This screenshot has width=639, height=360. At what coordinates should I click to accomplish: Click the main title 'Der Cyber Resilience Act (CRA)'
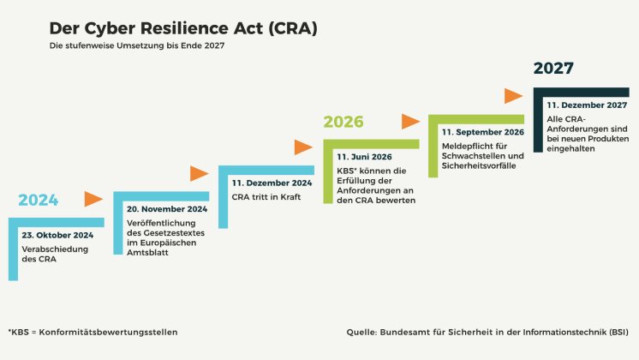click(x=183, y=28)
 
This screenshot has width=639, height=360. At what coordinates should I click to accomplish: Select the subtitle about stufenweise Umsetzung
click(x=137, y=45)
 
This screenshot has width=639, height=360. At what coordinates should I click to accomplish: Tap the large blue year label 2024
click(x=39, y=200)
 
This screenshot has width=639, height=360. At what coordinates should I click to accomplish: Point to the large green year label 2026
click(x=343, y=122)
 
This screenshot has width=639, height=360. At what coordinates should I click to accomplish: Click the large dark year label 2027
click(x=553, y=68)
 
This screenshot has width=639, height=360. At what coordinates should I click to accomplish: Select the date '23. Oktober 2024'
click(x=57, y=235)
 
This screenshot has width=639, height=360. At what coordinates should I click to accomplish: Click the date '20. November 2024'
click(x=167, y=209)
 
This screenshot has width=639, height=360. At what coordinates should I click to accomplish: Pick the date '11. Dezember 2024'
click(x=272, y=183)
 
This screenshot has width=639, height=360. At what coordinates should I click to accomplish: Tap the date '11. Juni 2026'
click(x=364, y=157)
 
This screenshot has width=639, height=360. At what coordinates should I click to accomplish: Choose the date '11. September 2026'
click(x=483, y=132)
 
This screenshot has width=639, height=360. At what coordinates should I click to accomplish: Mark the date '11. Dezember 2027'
click(x=587, y=105)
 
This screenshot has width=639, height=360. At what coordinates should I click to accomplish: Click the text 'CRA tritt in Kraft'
click(x=266, y=197)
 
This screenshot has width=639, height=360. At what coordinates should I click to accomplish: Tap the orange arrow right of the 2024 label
click(x=93, y=199)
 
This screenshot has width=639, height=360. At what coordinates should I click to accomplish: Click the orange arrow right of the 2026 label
click(x=410, y=122)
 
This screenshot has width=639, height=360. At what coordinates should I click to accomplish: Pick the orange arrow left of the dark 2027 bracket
click(x=513, y=96)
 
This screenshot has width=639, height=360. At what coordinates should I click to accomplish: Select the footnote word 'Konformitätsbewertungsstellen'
click(x=108, y=333)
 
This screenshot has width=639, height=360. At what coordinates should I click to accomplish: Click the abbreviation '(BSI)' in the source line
click(x=618, y=333)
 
